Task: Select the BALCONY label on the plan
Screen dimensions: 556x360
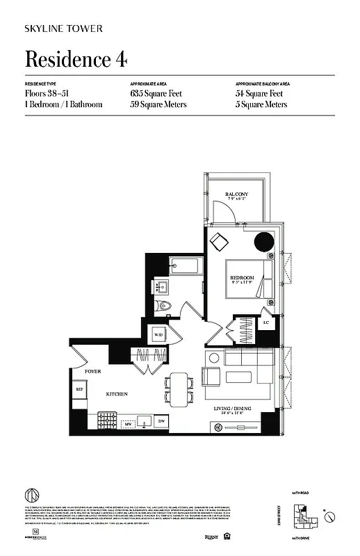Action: click(237, 194)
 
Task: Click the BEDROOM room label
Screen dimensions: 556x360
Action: click(243, 278)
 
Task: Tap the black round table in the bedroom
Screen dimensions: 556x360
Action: click(265, 241)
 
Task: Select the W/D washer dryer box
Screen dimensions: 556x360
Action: click(159, 335)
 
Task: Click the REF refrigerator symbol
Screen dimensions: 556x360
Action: click(80, 390)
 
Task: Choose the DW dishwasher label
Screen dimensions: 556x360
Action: click(162, 422)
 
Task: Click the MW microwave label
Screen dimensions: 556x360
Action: click(128, 423)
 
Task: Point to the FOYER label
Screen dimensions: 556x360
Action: click(93, 372)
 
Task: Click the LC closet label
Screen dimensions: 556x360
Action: click(266, 323)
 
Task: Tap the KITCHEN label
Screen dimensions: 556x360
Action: click(115, 393)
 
